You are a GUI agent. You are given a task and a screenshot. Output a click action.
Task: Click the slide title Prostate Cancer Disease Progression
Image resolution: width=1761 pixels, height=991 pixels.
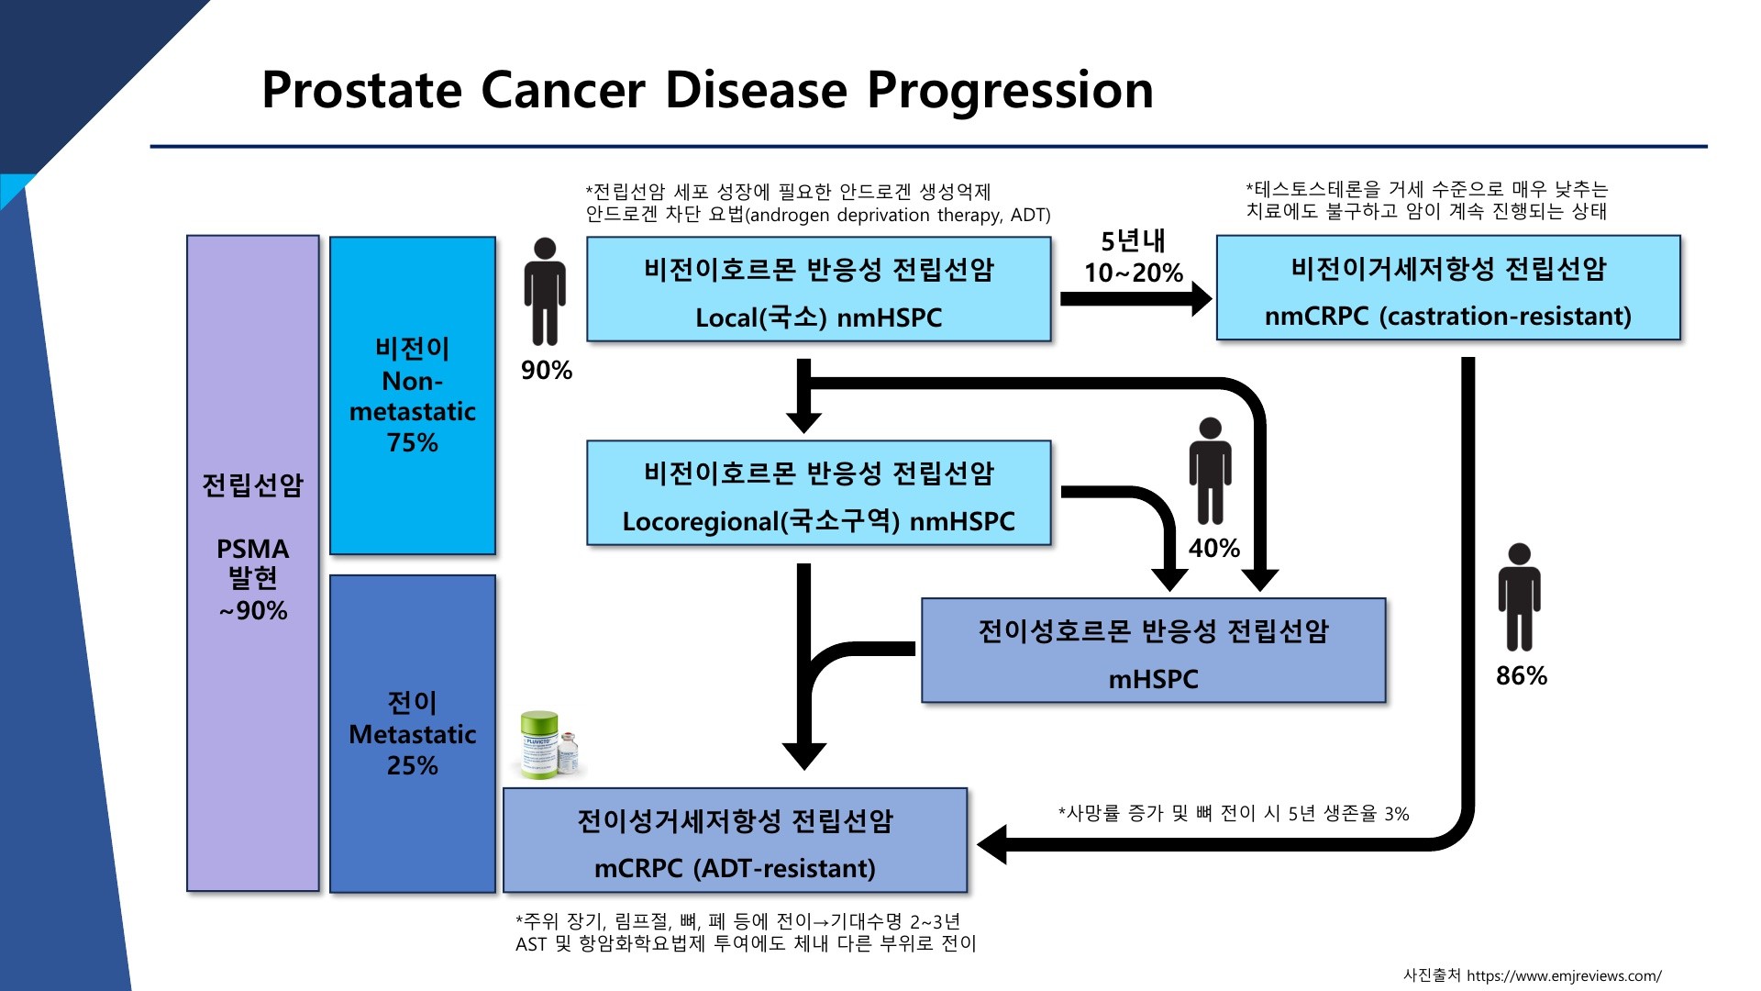(707, 90)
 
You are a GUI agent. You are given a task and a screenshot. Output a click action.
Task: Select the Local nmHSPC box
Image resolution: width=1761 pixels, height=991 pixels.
(818, 290)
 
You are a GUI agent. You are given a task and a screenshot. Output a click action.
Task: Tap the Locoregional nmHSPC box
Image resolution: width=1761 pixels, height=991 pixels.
(818, 494)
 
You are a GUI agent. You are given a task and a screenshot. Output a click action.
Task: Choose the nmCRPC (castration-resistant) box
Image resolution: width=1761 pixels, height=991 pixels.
(1447, 288)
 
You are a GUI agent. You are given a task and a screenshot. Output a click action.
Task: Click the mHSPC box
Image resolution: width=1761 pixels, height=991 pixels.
(1153, 651)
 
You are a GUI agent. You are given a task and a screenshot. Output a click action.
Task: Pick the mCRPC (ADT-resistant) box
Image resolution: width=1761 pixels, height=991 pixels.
(735, 841)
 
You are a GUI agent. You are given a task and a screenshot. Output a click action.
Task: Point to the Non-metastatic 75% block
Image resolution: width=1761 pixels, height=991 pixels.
(413, 395)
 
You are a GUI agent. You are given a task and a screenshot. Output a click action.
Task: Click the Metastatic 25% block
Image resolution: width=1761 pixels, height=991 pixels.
(413, 734)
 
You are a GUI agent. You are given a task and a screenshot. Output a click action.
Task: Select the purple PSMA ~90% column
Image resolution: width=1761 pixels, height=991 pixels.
(253, 562)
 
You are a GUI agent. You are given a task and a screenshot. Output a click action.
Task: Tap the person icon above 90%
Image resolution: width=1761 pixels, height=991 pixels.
(545, 292)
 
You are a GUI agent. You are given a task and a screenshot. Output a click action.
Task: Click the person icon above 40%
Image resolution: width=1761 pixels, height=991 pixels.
(1210, 471)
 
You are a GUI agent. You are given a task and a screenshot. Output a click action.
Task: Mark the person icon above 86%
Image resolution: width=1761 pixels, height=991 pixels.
(1519, 597)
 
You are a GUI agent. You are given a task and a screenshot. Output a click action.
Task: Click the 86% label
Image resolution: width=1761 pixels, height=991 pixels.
(1521, 676)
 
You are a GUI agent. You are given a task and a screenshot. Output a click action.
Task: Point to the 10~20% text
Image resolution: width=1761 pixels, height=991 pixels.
(1133, 273)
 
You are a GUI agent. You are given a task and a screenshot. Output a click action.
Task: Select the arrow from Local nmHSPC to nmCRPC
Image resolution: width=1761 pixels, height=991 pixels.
(1134, 299)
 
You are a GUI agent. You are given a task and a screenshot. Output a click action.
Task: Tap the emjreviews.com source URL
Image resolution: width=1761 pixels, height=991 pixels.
(1563, 975)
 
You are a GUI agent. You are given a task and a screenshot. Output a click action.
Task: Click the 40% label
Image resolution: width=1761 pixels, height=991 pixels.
(1213, 549)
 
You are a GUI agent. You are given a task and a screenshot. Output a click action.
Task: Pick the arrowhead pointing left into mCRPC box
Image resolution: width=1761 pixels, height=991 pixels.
(992, 844)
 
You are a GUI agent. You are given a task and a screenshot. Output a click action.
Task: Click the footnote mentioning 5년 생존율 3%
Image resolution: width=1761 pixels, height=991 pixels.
(1233, 814)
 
